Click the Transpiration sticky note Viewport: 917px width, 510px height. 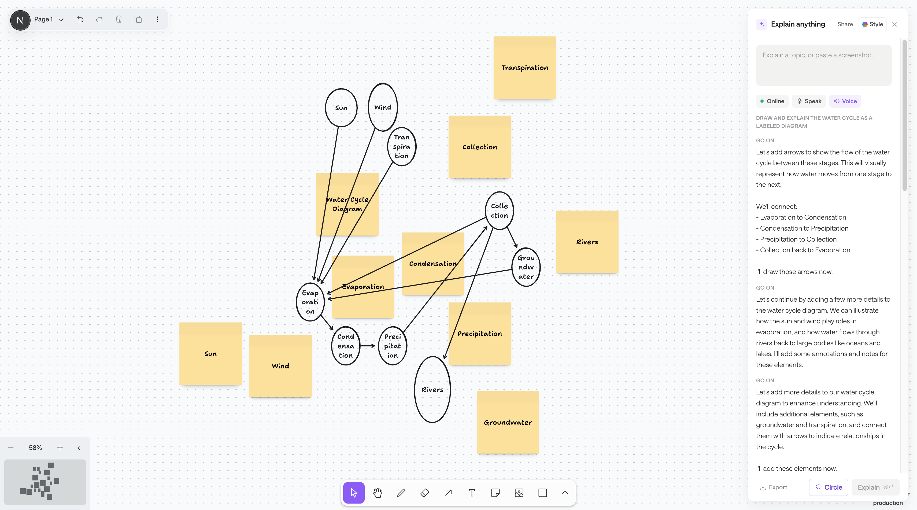524,68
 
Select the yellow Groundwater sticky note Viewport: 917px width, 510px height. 508,422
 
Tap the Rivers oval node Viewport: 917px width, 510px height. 415,390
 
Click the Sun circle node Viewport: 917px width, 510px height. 326,108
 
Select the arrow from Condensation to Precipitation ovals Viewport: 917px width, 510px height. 367,346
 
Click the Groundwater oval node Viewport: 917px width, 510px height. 513,267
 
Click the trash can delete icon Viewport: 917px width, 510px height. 119,19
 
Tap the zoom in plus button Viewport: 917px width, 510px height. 60,448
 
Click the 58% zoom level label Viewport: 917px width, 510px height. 35,448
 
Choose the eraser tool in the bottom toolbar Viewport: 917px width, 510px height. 425,493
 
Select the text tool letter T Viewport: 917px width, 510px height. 472,493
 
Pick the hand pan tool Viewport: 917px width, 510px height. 377,493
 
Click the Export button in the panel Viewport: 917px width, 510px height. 774,487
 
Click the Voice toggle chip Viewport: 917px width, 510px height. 845,101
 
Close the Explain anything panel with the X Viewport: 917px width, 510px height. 894,24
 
